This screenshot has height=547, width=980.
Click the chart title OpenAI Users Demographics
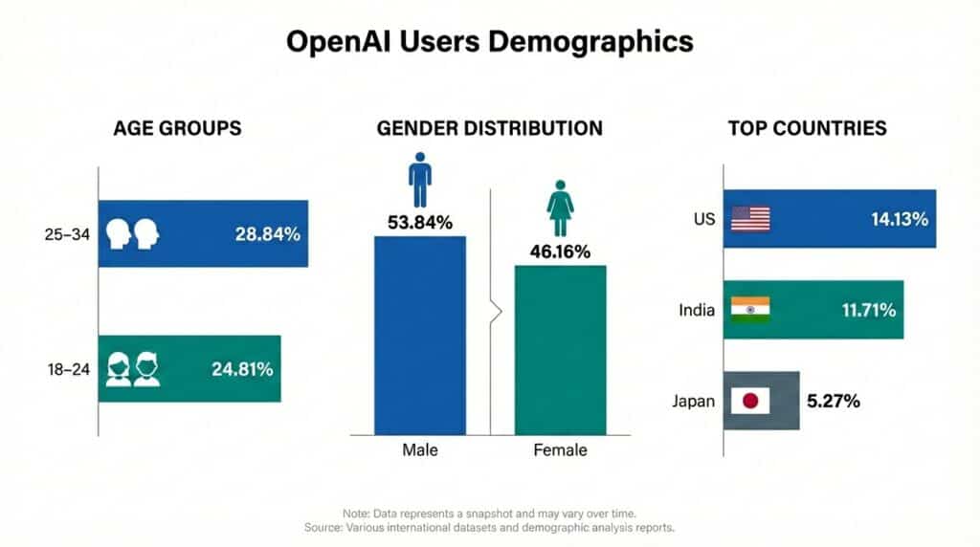pyautogui.click(x=489, y=42)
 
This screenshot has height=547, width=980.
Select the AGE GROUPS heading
pyautogui.click(x=177, y=128)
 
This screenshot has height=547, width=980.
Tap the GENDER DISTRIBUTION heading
pyautogui.click(x=490, y=128)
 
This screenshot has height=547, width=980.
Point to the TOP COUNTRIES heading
pyautogui.click(x=807, y=128)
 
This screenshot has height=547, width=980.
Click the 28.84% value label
pyautogui.click(x=268, y=233)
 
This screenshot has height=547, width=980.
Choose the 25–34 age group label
pyautogui.click(x=68, y=233)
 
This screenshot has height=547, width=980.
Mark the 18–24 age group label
pyautogui.click(x=68, y=368)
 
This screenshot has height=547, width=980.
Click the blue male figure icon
pyautogui.click(x=419, y=180)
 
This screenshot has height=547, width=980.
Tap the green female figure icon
pyautogui.click(x=560, y=212)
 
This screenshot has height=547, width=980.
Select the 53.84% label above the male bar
pyautogui.click(x=419, y=223)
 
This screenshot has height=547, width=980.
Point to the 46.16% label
pyautogui.click(x=560, y=252)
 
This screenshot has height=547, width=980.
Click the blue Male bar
pyautogui.click(x=419, y=335)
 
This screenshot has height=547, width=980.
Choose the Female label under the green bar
pyautogui.click(x=560, y=450)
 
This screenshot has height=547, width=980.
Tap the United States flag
pyautogui.click(x=750, y=219)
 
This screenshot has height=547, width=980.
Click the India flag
pyautogui.click(x=750, y=310)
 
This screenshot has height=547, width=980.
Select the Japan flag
pyautogui.click(x=750, y=401)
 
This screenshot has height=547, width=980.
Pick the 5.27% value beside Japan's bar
pyautogui.click(x=834, y=401)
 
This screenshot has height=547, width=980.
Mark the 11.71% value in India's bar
pyautogui.click(x=867, y=310)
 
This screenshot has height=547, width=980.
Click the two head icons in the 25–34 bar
pyautogui.click(x=132, y=233)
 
